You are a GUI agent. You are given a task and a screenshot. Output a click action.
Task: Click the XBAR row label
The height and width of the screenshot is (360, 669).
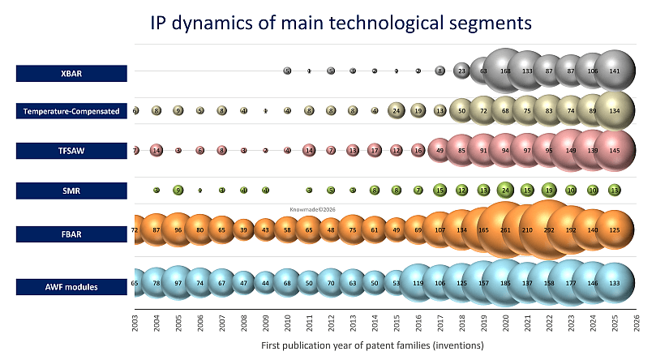72,74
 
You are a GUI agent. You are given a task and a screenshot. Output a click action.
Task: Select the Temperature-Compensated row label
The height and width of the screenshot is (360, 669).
72,111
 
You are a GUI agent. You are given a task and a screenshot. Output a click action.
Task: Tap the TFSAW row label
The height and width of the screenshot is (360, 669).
72,150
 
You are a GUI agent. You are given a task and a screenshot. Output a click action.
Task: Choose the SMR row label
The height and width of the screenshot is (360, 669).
72,191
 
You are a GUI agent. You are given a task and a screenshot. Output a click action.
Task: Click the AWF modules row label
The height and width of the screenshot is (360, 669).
72,285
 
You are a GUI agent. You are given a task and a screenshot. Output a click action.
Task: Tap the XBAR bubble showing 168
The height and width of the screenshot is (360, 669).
505,71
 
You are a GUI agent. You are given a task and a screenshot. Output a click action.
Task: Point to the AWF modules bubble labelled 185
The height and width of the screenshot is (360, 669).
505,284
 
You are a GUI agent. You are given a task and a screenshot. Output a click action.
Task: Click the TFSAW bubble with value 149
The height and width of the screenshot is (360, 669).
571,150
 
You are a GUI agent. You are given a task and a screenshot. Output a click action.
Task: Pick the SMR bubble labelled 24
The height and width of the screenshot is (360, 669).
505,191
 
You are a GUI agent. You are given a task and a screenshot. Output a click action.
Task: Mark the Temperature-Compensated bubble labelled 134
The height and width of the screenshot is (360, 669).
615,110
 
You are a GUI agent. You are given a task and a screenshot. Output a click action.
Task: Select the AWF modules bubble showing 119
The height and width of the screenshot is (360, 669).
418,284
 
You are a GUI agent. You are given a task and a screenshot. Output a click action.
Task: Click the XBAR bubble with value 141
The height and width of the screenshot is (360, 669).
615,71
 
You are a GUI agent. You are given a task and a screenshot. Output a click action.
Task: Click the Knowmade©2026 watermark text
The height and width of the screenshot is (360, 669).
312,209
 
